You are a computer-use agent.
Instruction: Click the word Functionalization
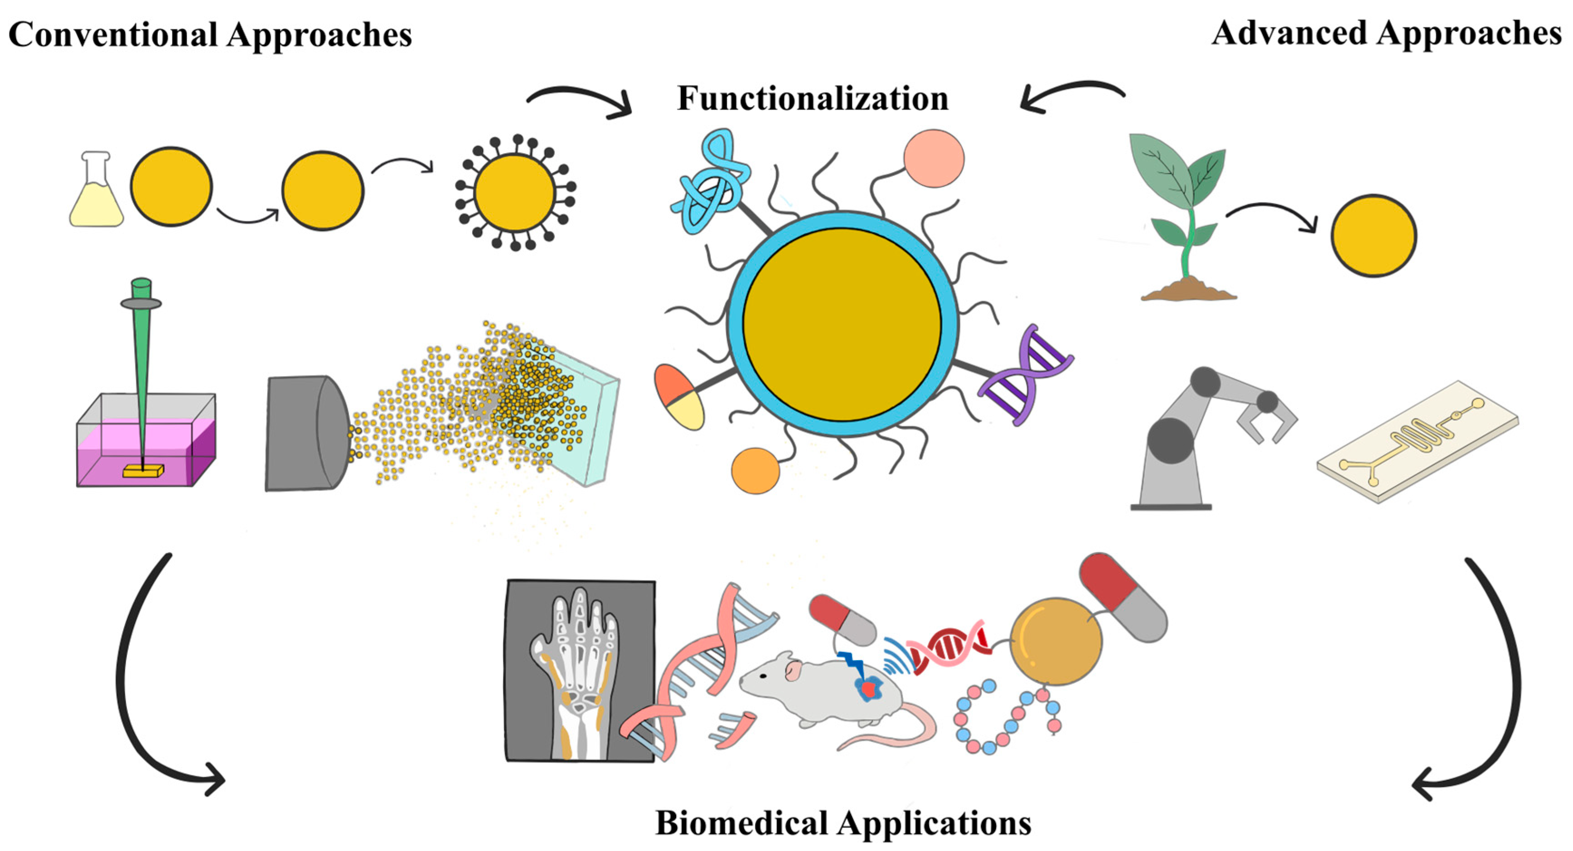pos(813,98)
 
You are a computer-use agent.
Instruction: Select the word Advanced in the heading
pos(1288,33)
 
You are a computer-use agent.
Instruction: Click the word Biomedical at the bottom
pos(741,822)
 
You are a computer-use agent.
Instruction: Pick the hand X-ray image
pos(581,671)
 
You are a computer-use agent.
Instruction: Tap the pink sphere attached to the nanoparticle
pos(934,158)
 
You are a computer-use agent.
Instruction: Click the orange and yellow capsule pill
pos(678,397)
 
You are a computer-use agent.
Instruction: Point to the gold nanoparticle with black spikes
pos(515,192)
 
